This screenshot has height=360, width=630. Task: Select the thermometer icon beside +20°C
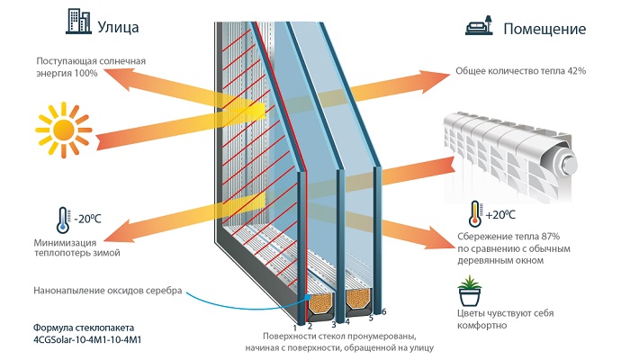pyautogui.click(x=472, y=214)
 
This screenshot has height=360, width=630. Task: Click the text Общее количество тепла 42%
pyautogui.click(x=521, y=71)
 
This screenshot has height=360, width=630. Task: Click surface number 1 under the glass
pyautogui.click(x=295, y=319)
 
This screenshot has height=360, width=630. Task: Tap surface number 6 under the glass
pyautogui.click(x=383, y=311)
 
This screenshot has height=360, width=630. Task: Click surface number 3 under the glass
pyautogui.click(x=334, y=323)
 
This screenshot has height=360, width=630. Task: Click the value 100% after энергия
pyautogui.click(x=85, y=73)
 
